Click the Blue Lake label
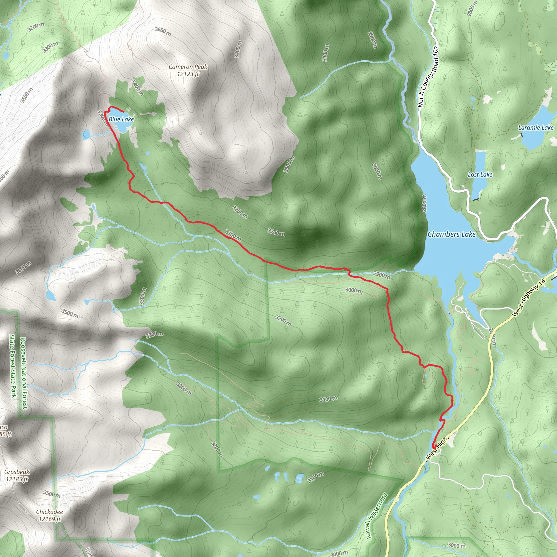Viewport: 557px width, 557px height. pyautogui.click(x=121, y=119)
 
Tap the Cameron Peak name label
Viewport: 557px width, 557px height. pyautogui.click(x=188, y=67)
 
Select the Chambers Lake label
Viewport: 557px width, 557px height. pyautogui.click(x=451, y=234)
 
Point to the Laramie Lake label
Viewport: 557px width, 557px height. pyautogui.click(x=536, y=128)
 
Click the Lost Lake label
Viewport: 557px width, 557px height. pyautogui.click(x=480, y=174)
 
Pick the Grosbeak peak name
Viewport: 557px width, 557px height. pyautogui.click(x=17, y=472)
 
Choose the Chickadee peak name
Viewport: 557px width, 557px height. pyautogui.click(x=49, y=512)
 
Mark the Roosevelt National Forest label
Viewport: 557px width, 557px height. pyautogui.click(x=24, y=373)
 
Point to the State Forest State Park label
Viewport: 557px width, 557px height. pyautogui.click(x=13, y=366)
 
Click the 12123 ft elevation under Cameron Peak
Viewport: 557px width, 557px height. pyautogui.click(x=188, y=74)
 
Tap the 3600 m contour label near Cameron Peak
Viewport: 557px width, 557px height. pyautogui.click(x=163, y=32)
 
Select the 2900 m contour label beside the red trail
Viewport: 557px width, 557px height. pyautogui.click(x=382, y=275)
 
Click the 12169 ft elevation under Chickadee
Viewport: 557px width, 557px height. pyautogui.click(x=49, y=519)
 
